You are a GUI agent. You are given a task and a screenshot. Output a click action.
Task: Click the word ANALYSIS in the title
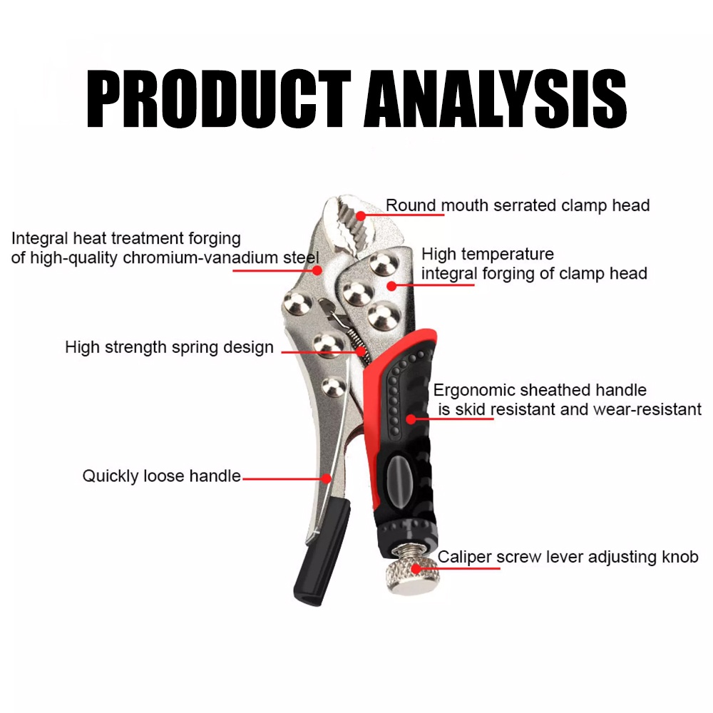point(496,101)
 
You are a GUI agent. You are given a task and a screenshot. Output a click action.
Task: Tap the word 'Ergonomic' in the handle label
point(473,390)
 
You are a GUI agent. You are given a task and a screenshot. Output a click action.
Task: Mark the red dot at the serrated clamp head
point(361,215)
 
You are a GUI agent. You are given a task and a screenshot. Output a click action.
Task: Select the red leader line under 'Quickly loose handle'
point(285,479)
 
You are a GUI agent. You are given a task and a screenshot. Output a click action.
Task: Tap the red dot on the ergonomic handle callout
point(411,419)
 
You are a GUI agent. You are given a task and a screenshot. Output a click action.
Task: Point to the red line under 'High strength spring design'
point(314,351)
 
